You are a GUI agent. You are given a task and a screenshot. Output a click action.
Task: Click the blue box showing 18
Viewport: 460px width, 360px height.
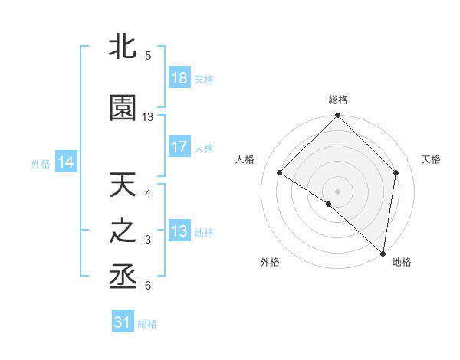pyautogui.click(x=179, y=78)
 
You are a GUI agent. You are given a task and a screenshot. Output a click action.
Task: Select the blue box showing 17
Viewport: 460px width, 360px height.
pyautogui.click(x=179, y=148)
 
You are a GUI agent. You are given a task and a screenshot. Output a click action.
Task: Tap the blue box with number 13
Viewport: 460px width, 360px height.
pyautogui.click(x=179, y=231)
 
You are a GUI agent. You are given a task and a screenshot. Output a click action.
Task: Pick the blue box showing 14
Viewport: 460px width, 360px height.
pyautogui.click(x=66, y=162)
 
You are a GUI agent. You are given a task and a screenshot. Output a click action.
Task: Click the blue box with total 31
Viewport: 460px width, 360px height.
pyautogui.click(x=123, y=323)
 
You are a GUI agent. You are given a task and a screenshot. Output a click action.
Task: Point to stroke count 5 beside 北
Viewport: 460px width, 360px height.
pyautogui.click(x=148, y=56)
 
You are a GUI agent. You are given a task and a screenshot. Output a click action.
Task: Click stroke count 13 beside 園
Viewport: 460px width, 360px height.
pyautogui.click(x=148, y=117)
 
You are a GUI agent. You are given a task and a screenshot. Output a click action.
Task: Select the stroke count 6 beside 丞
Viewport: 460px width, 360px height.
pyautogui.click(x=148, y=286)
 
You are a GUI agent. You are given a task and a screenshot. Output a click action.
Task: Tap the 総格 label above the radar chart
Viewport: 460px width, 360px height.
pyautogui.click(x=337, y=100)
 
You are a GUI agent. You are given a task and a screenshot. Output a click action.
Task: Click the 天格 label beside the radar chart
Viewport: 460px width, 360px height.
pyautogui.click(x=432, y=159)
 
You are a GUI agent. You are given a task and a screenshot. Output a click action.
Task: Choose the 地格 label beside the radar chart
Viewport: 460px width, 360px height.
pyautogui.click(x=402, y=262)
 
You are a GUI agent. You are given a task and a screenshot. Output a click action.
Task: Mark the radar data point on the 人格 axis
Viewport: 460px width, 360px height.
pyautogui.click(x=280, y=173)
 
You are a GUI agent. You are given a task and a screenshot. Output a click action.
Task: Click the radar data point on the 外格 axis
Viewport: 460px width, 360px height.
pyautogui.click(x=329, y=204)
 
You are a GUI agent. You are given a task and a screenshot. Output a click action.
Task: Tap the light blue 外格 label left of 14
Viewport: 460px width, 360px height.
pyautogui.click(x=41, y=163)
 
